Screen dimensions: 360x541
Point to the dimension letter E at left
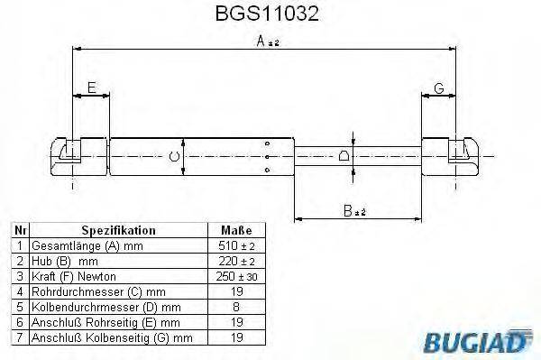click(x=91, y=88)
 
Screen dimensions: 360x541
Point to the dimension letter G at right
click(x=439, y=88)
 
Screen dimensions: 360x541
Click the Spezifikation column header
click(x=119, y=230)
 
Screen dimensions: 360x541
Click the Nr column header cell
click(x=20, y=230)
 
